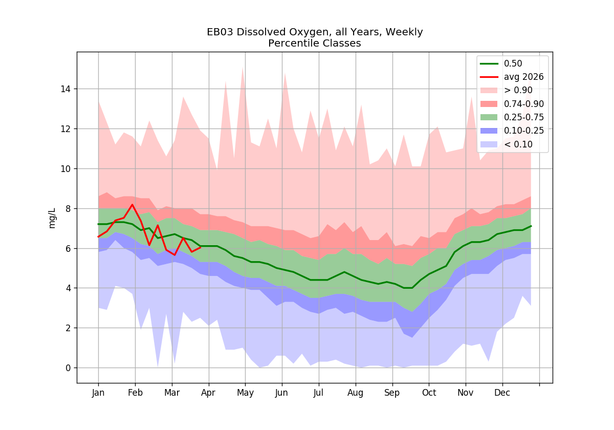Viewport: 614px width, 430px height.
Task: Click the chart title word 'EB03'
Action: [220, 32]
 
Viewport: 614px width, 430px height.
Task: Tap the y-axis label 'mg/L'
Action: [52, 218]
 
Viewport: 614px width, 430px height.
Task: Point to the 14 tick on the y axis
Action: [65, 89]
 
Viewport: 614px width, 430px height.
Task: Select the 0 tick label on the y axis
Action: [68, 368]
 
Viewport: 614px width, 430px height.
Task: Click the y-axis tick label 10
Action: [65, 168]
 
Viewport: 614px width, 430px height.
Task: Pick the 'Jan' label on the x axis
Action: [98, 393]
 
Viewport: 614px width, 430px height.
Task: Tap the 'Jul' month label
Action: [318, 393]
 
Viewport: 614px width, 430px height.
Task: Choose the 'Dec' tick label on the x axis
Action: [502, 393]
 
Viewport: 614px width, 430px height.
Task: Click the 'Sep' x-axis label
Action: [392, 393]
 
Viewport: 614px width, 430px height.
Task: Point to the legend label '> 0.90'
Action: [518, 90]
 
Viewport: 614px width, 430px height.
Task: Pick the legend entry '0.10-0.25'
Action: [524, 131]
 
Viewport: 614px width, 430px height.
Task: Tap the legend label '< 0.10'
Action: [518, 144]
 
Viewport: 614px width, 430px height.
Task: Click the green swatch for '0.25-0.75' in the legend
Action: [489, 117]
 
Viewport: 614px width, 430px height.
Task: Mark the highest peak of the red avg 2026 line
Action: [133, 205]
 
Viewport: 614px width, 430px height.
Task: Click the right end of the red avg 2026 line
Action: [201, 247]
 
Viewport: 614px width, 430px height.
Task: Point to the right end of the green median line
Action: [531, 226]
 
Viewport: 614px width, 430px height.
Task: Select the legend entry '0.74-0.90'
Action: [524, 103]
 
